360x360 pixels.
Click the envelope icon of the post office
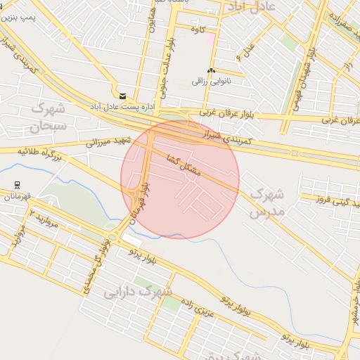pos(123,96)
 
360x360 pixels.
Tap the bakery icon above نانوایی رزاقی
pos(211,70)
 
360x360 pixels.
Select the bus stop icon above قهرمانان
pos(17,184)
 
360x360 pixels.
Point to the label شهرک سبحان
pos(47,118)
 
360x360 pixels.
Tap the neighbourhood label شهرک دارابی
pos(138,292)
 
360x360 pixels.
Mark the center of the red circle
pos(180,179)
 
